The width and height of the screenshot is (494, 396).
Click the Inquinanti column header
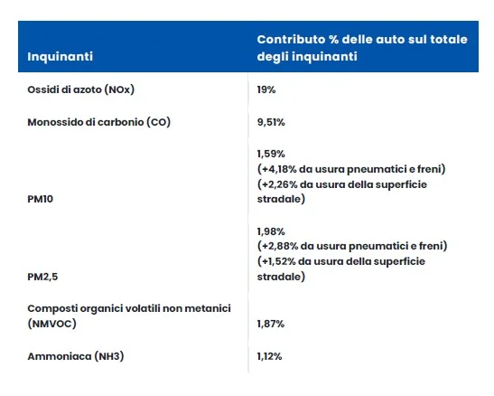pos(60,57)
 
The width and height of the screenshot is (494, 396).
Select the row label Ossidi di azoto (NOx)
pos(81,90)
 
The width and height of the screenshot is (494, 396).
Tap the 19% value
pos(266,90)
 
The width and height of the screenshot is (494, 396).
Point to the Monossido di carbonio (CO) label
pos(99,122)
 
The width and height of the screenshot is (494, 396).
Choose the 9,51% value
pos(271,122)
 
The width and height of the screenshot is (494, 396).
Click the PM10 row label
pos(40,199)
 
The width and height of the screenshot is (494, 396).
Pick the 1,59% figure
pos(271,154)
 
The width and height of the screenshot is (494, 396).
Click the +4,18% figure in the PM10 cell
pos(279,169)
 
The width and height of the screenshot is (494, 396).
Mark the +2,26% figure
pos(280,184)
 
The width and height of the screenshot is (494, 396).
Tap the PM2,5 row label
pos(42,277)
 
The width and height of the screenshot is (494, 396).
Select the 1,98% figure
pos(271,231)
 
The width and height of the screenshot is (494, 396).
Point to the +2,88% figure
pos(280,246)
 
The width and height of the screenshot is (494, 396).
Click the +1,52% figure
pos(279,261)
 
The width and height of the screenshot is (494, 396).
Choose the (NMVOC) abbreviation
pos(52,324)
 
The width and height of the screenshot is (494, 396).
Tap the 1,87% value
pos(271,324)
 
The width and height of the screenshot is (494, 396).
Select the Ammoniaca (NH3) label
pos(76,356)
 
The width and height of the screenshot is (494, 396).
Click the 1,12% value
pos(269,356)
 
